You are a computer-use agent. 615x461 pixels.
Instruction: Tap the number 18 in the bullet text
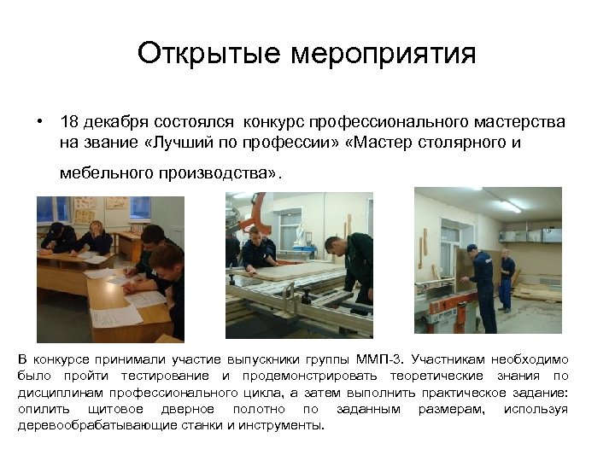[69, 123]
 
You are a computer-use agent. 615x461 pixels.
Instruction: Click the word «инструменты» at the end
[282, 423]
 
